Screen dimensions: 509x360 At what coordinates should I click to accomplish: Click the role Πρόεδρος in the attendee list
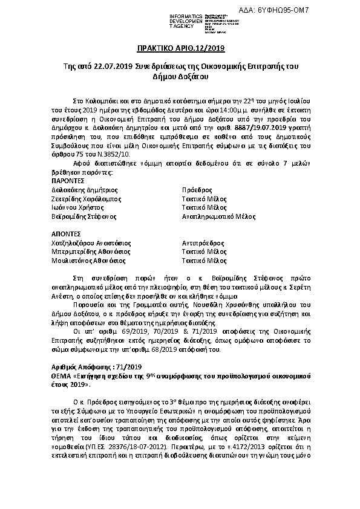click(197, 190)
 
